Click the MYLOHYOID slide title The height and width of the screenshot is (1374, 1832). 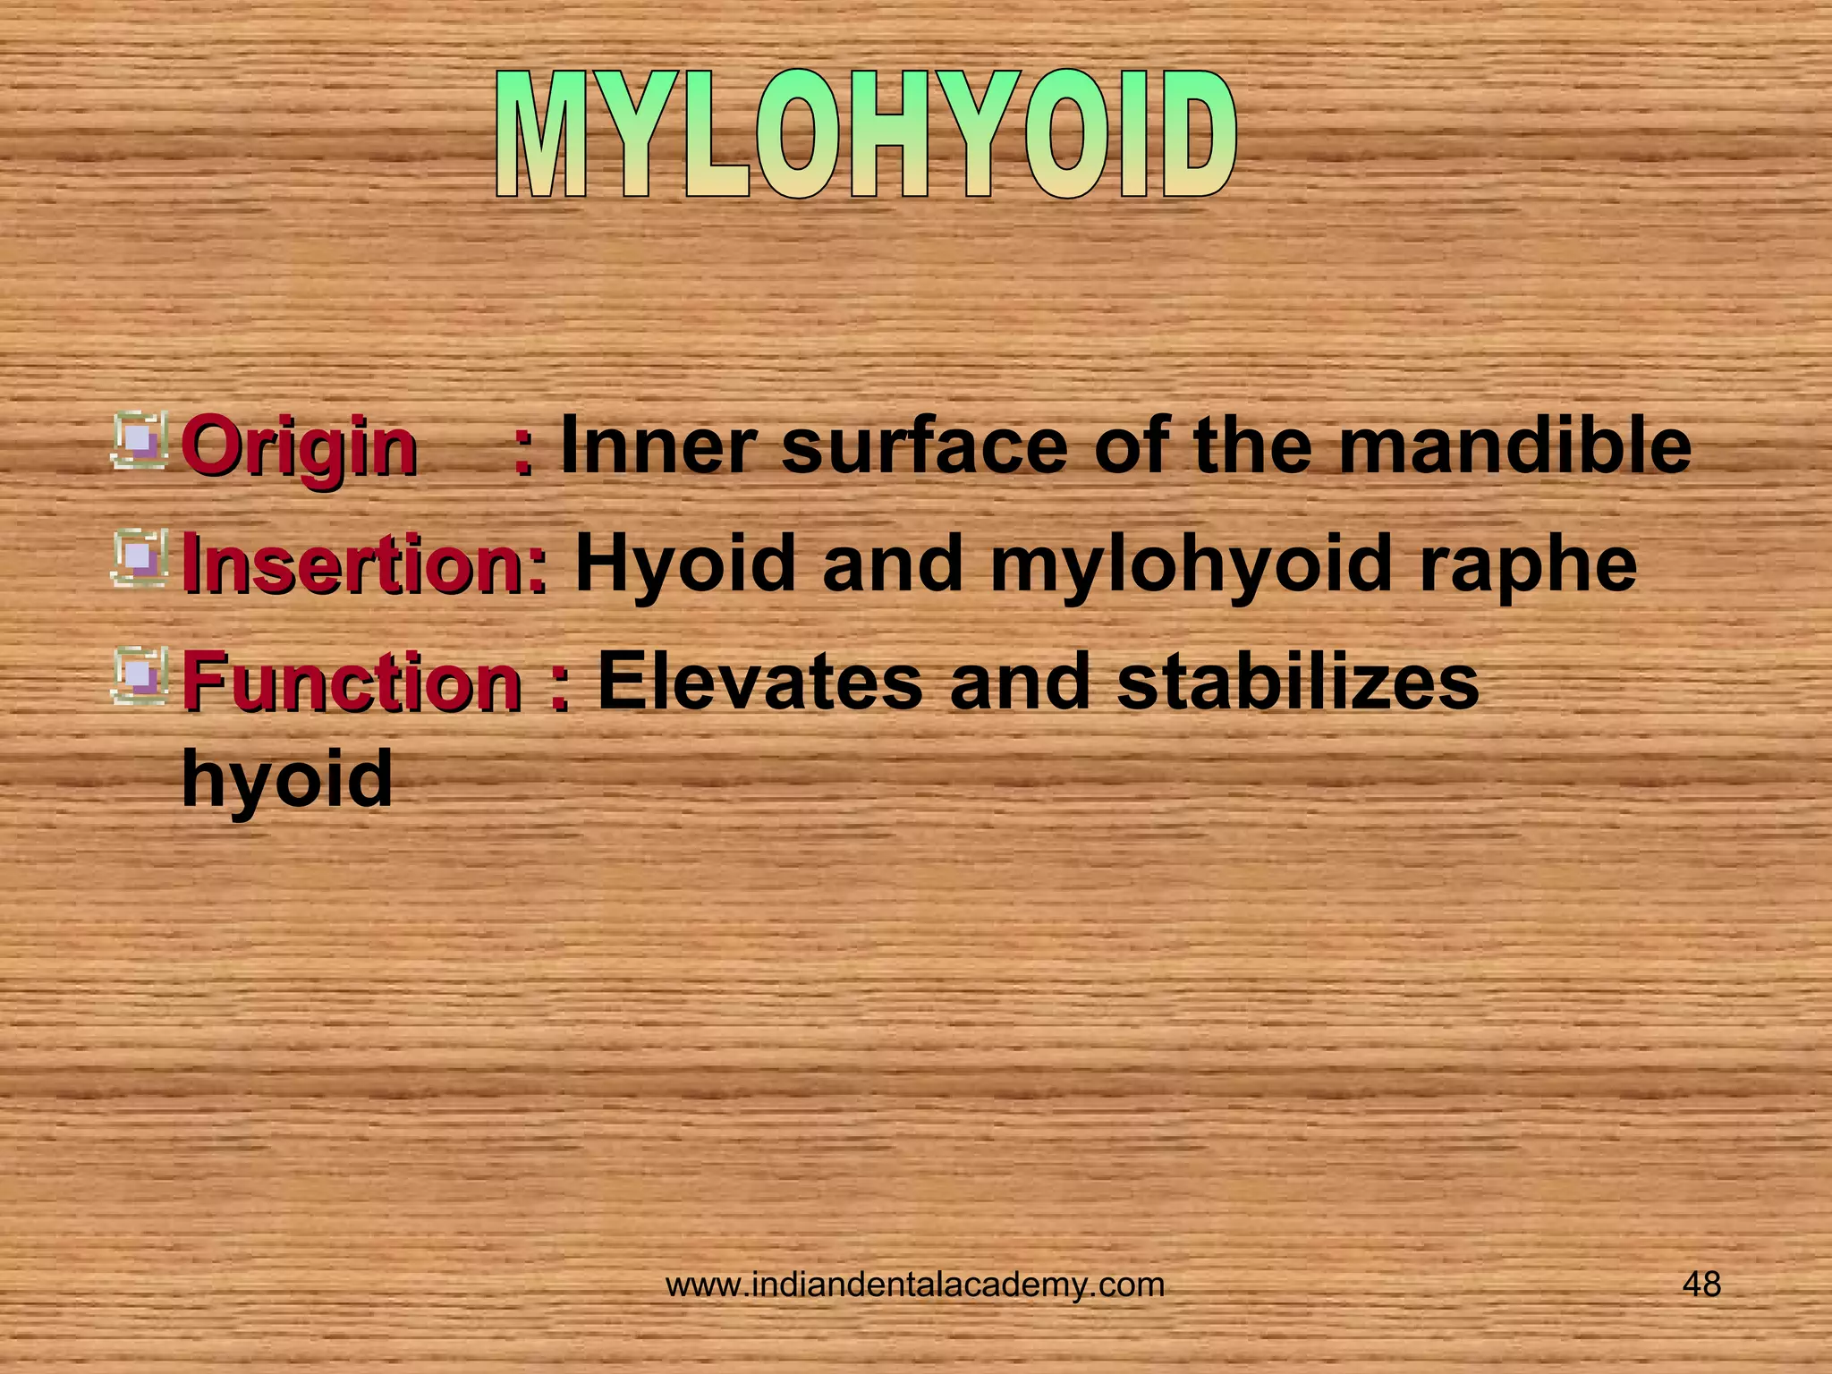pos(866,136)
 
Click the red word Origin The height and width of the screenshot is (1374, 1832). pos(299,446)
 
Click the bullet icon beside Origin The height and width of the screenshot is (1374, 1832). pos(140,439)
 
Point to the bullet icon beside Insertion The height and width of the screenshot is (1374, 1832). pos(140,557)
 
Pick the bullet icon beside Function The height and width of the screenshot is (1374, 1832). pos(140,675)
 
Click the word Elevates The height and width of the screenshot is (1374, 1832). pos(759,682)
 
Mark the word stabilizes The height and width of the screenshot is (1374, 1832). pos(1297,682)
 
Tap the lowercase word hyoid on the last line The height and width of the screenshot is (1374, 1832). pos(286,778)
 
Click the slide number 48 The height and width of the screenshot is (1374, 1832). pos(1701,1285)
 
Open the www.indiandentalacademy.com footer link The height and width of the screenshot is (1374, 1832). pos(915,1285)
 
